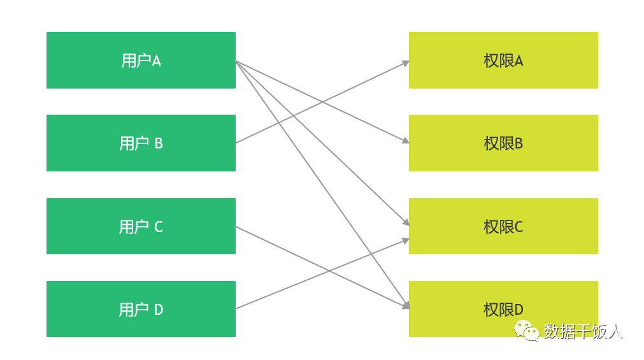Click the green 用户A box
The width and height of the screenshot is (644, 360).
coord(141,60)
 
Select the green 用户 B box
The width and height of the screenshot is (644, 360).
coord(141,143)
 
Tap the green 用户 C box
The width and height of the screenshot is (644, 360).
coord(141,226)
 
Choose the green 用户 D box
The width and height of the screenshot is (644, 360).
coord(141,309)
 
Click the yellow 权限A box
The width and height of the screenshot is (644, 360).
coord(503,60)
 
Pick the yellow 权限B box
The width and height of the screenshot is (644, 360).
coord(503,143)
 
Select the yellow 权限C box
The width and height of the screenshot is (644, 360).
coord(503,226)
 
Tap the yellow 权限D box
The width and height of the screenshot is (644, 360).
coord(503,309)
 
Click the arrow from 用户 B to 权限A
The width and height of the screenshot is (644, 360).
coord(322,103)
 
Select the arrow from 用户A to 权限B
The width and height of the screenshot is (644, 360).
coord(322,102)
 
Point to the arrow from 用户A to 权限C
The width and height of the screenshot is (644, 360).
coord(322,143)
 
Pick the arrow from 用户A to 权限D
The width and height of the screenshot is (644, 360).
coord(322,185)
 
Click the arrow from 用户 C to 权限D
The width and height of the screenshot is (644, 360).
coord(322,267)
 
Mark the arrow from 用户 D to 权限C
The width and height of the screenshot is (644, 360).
coord(322,274)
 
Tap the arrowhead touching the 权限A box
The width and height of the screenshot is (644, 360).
coord(406,63)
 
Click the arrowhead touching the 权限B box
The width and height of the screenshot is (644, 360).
coord(406,141)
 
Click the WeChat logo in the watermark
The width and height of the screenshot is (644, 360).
coord(527,331)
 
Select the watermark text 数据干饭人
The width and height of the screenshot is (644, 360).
coord(583,331)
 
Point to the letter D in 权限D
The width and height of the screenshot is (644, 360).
coord(519,310)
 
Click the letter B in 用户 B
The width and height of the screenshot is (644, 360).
coord(159,143)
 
